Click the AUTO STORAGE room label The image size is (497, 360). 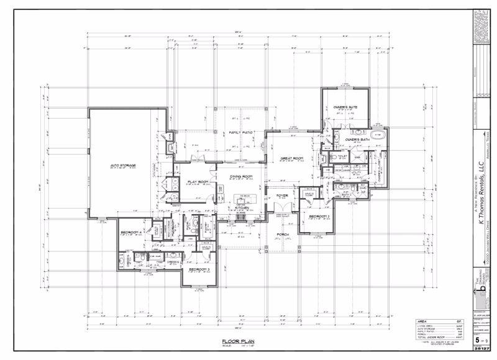point(123,166)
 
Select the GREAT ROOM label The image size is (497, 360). point(291,159)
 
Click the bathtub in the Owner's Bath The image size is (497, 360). point(377,135)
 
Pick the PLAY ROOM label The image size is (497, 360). point(196,182)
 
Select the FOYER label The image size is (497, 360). point(282,195)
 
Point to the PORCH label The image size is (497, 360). point(282,235)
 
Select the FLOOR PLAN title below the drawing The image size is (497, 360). point(234,342)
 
